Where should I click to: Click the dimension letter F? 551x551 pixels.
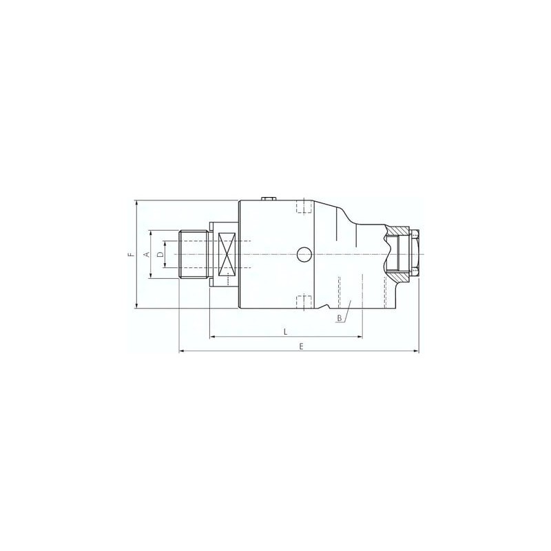click(129, 255)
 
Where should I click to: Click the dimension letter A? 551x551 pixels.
click(145, 255)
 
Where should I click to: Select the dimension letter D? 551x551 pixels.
click(160, 255)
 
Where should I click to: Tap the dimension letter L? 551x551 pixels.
click(285, 332)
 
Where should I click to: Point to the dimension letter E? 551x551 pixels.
click(301, 346)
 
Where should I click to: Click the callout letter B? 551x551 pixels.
click(340, 318)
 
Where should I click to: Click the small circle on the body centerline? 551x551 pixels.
click(304, 255)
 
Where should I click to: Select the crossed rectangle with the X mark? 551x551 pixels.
click(227, 255)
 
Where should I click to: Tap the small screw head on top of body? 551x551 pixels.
click(269, 198)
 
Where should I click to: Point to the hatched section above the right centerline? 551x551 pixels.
click(397, 232)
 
